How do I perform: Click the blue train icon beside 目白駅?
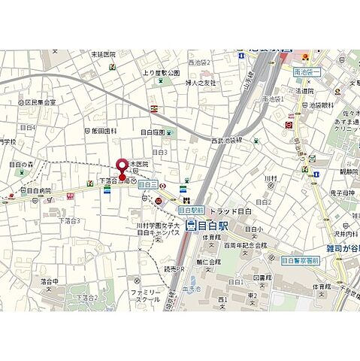(x=192, y=224)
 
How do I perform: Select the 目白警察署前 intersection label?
(x=301, y=260)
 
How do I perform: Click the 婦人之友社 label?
(x=200, y=83)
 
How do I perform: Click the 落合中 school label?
(x=50, y=281)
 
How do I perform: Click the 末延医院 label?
(x=103, y=54)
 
